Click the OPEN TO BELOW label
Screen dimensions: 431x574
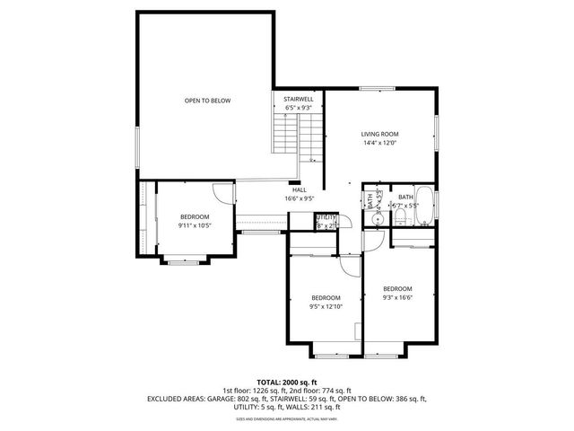click(207, 101)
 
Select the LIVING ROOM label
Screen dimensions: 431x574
click(379, 134)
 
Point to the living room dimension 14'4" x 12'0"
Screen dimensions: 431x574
click(379, 143)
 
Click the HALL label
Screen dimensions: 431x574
click(299, 189)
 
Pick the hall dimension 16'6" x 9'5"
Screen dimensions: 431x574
click(299, 198)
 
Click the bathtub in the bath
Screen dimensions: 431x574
click(426, 209)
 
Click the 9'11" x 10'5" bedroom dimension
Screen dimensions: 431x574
click(195, 224)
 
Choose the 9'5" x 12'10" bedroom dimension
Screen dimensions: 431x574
click(326, 306)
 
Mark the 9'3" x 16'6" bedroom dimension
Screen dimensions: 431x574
click(397, 297)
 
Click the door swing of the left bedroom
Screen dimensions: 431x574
click(221, 192)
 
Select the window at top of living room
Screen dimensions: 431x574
click(377, 88)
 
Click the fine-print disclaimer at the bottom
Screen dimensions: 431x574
click(287, 418)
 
